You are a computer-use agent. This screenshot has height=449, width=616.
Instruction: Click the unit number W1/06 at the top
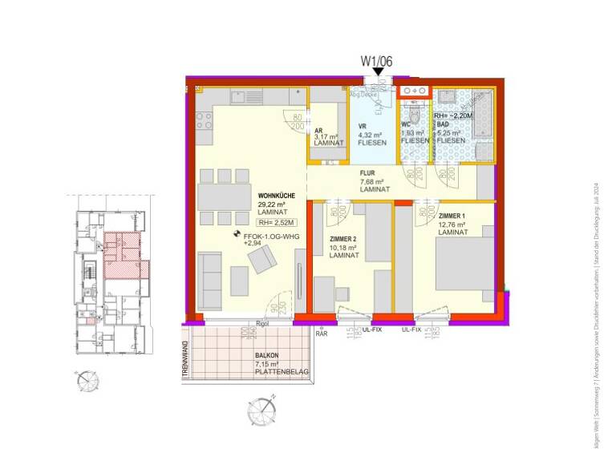click(377, 59)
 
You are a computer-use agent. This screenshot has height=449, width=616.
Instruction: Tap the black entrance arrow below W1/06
click(377, 73)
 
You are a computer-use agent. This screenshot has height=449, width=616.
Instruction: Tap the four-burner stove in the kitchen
click(204, 120)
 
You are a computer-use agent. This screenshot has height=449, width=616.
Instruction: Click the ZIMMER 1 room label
click(454, 216)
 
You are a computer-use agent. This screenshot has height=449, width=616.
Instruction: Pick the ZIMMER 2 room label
click(347, 239)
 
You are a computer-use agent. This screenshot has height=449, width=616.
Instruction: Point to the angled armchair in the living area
click(263, 259)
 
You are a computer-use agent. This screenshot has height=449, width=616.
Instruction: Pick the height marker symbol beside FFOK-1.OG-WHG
click(237, 236)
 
